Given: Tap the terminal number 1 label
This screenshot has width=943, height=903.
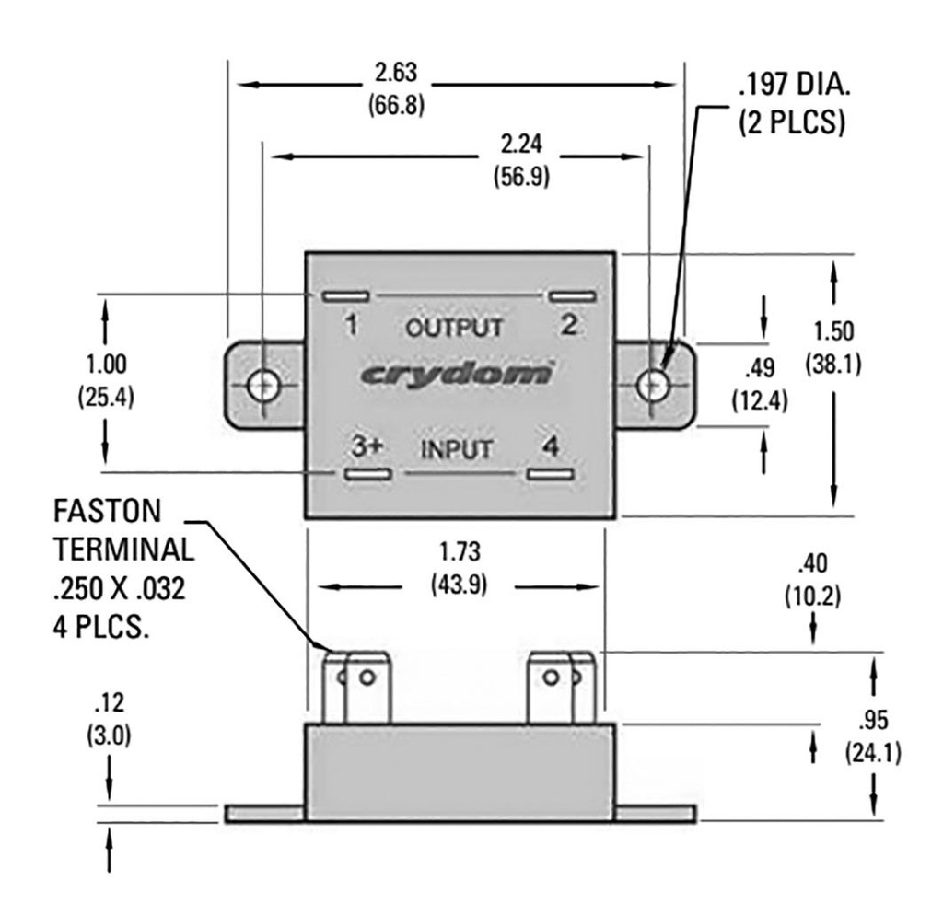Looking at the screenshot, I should click(x=350, y=324).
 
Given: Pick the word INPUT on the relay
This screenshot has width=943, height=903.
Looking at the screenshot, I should click(x=459, y=450).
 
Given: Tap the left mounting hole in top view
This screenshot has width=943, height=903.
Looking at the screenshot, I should click(x=264, y=386).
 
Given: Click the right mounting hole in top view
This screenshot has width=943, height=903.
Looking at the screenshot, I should click(x=653, y=384).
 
